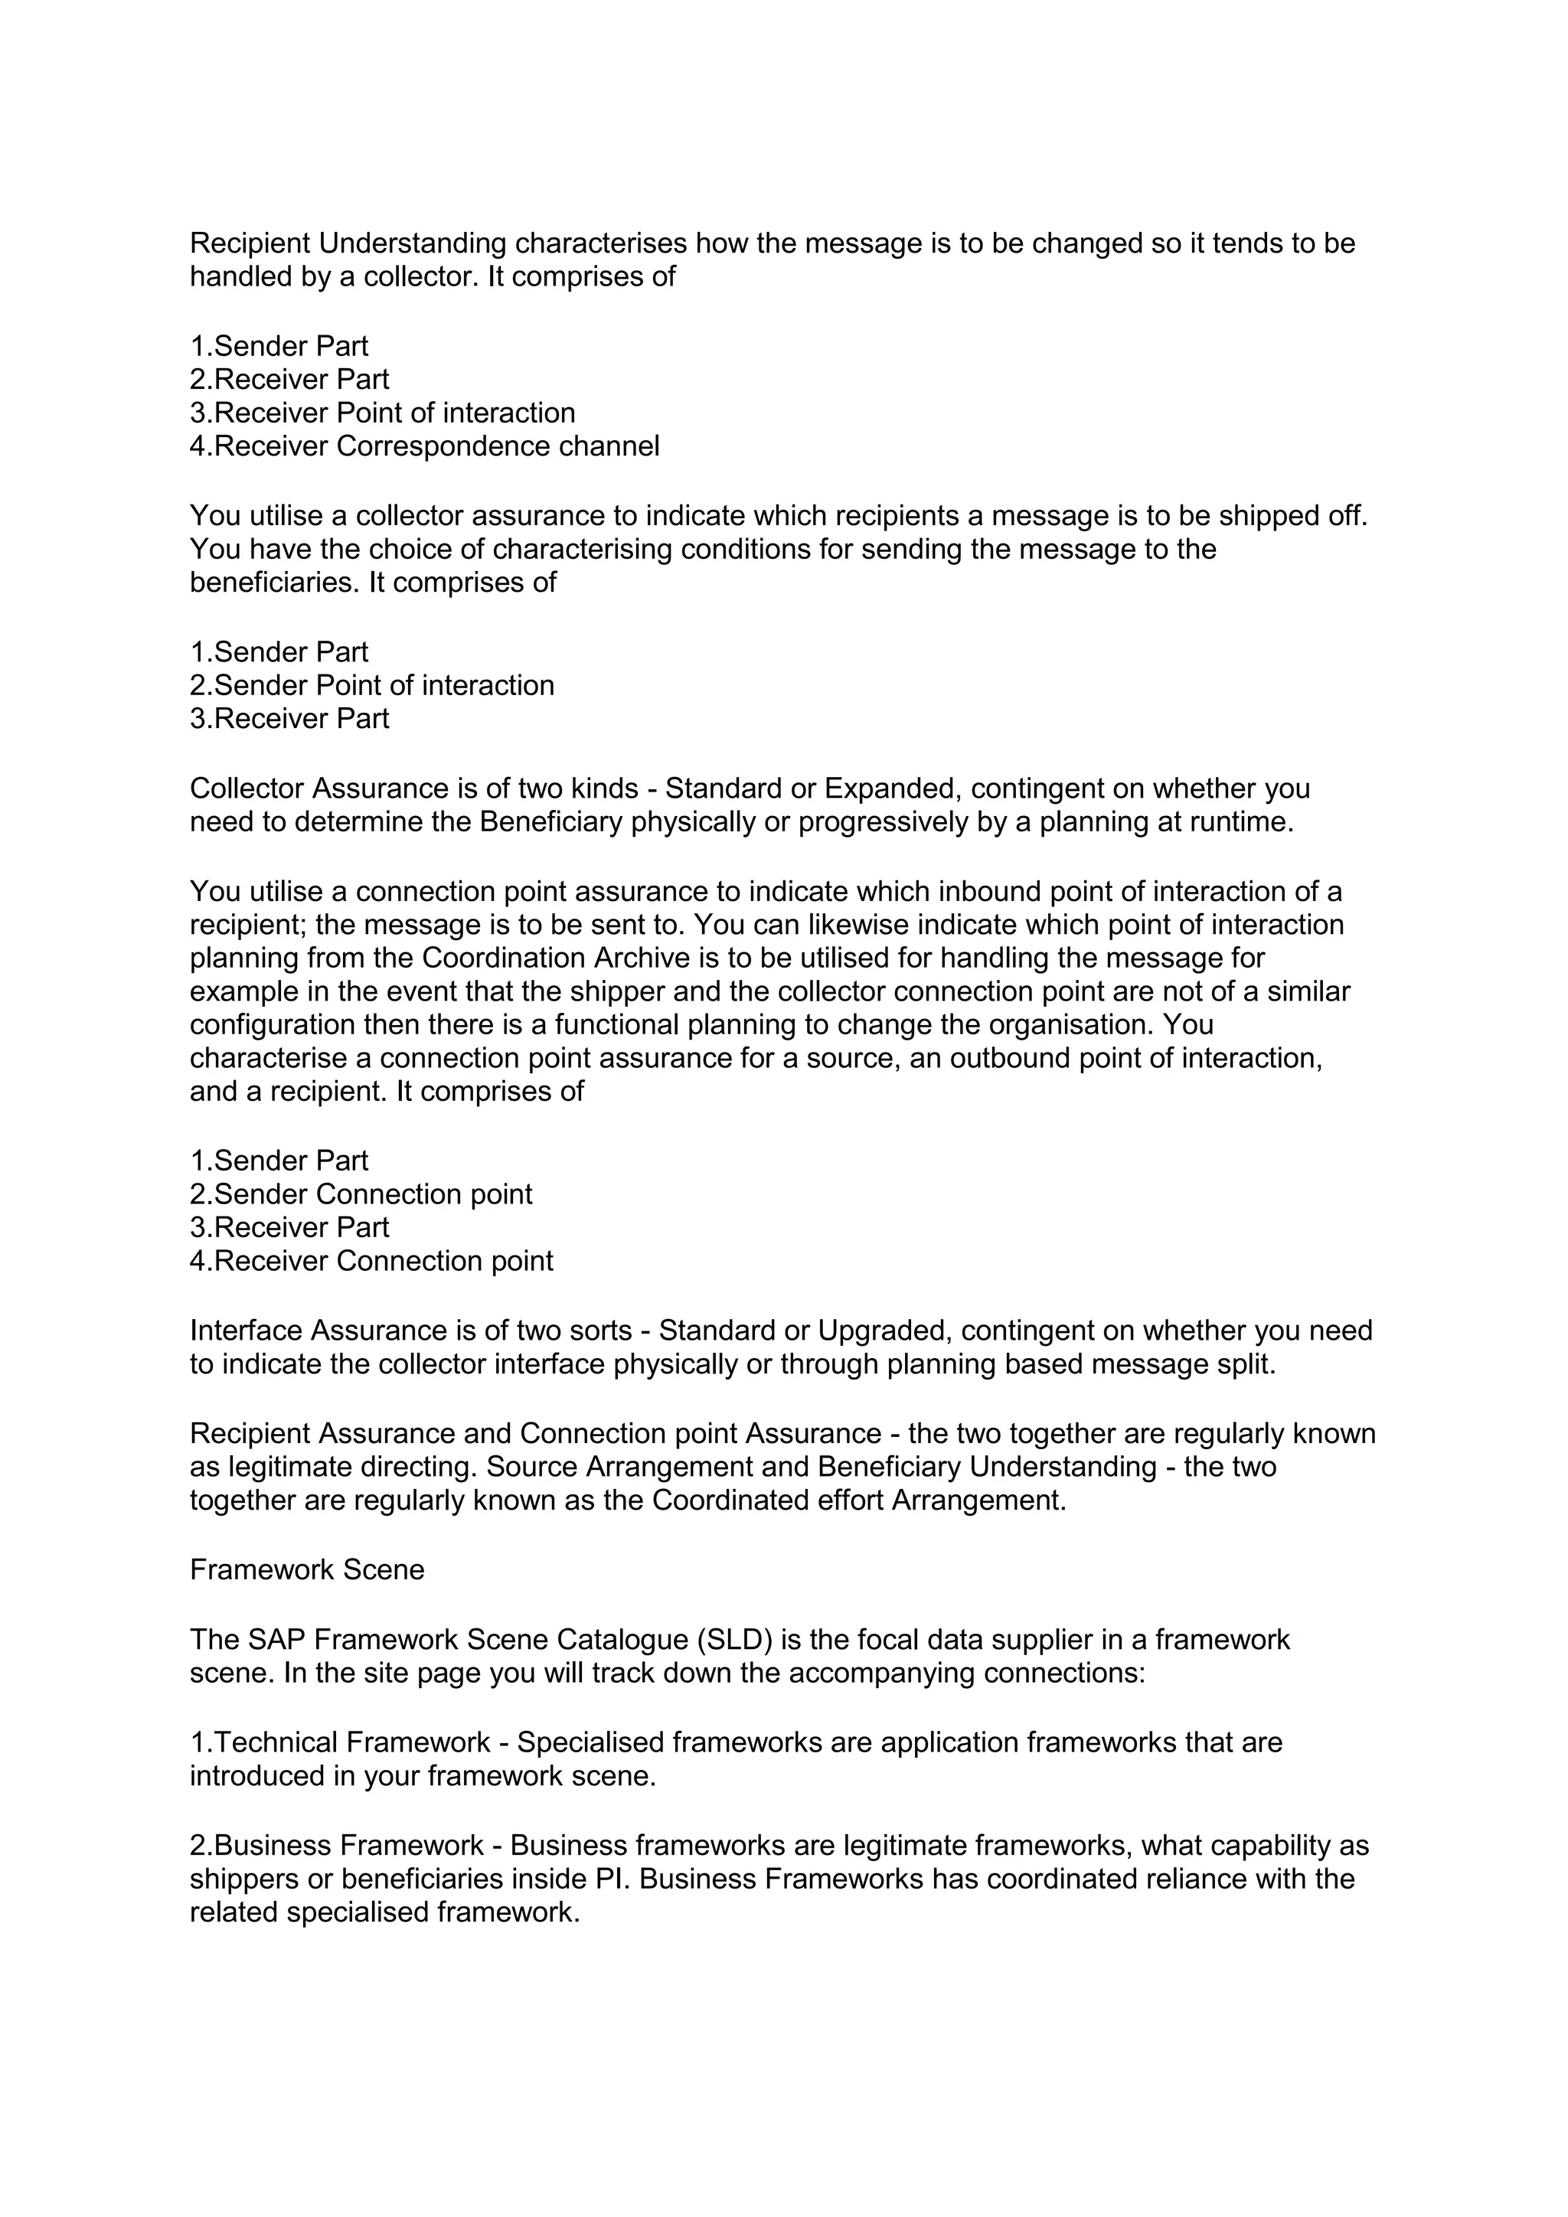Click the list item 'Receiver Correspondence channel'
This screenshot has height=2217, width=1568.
point(425,446)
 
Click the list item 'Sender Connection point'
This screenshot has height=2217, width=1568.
point(361,1193)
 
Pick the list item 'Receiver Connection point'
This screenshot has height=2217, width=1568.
point(372,1260)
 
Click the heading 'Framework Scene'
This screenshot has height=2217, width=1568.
point(307,1569)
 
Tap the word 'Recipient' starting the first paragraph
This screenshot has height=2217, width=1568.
point(250,243)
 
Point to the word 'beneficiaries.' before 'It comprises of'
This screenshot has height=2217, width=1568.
point(275,583)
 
